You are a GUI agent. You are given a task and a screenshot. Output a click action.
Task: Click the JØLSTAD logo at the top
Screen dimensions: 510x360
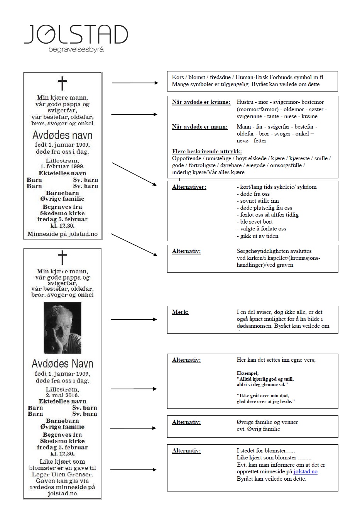pyautogui.click(x=76, y=34)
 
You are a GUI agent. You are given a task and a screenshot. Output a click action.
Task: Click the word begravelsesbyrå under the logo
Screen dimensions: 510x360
pyautogui.click(x=76, y=50)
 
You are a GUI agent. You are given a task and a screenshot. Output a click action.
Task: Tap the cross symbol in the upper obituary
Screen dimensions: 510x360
pyautogui.click(x=62, y=83)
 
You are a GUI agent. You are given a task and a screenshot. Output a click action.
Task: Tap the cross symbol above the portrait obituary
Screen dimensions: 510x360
pyautogui.click(x=62, y=258)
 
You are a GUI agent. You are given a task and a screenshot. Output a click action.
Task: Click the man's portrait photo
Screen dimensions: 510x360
pyautogui.click(x=62, y=327)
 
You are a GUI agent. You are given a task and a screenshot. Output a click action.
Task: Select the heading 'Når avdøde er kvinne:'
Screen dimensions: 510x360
pyautogui.click(x=201, y=102)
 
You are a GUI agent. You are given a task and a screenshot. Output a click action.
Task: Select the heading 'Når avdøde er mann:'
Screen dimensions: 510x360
pyautogui.click(x=199, y=127)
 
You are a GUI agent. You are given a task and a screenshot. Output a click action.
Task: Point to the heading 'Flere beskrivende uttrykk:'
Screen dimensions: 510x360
pyautogui.click(x=207, y=151)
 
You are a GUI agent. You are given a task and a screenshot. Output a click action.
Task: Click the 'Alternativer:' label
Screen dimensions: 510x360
pyautogui.click(x=189, y=187)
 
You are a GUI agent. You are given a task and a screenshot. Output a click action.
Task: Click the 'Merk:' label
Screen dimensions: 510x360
pyautogui.click(x=180, y=312)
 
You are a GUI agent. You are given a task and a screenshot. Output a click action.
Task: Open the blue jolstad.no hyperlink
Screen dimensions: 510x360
pyautogui.click(x=305, y=472)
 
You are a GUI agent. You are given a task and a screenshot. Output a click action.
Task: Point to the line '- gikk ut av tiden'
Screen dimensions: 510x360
pyautogui.click(x=257, y=236)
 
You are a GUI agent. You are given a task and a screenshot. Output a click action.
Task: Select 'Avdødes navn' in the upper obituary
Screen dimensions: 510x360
pyautogui.click(x=62, y=135)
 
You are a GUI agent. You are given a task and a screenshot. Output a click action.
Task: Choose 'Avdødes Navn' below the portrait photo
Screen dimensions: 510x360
pyautogui.click(x=62, y=364)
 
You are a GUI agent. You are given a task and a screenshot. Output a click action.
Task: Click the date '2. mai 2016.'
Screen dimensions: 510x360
pyautogui.click(x=62, y=395)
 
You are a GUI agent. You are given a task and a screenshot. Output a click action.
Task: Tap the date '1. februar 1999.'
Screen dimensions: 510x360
pyautogui.click(x=62, y=166)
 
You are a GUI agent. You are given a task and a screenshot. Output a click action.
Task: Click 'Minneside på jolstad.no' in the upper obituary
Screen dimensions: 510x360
pyautogui.click(x=62, y=234)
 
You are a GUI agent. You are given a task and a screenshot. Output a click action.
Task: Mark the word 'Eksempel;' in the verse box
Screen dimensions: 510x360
pyautogui.click(x=247, y=373)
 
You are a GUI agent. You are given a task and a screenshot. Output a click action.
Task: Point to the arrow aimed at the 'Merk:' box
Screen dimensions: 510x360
pyautogui.click(x=134, y=319)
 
